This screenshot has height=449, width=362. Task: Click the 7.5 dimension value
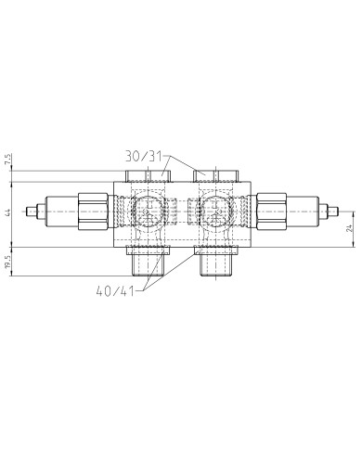tap(7, 160)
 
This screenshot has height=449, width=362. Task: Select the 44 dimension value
tap(7, 212)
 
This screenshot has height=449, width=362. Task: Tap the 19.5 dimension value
tap(7, 263)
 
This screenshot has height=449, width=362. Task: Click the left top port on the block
tap(162, 173)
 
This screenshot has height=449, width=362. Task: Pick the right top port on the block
tap(206, 173)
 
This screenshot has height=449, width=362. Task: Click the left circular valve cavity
tap(145, 212)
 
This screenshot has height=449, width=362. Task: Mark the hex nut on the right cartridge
tap(272, 212)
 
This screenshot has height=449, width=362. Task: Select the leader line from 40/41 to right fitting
tap(176, 276)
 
